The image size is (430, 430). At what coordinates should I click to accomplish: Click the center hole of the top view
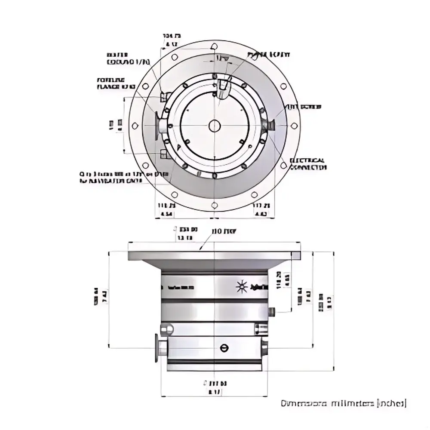pos(214,126)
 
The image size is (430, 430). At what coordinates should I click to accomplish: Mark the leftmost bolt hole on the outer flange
pos(135,126)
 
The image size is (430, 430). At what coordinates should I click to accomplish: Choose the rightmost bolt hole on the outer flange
pos(294,126)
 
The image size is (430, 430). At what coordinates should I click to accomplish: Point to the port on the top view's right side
pos(269,125)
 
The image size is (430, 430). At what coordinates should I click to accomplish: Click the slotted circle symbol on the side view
pos(223,348)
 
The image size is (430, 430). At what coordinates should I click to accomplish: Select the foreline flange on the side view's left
pos(157,347)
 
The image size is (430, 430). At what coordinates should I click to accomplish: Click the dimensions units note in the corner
pos(343,404)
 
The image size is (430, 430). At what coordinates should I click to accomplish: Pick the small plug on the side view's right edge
pos(271,310)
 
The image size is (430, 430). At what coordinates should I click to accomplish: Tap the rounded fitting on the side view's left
pos(166,329)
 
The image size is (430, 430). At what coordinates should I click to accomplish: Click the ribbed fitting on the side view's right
pos(261,329)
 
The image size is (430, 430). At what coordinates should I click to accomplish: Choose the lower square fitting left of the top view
pos(163,154)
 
